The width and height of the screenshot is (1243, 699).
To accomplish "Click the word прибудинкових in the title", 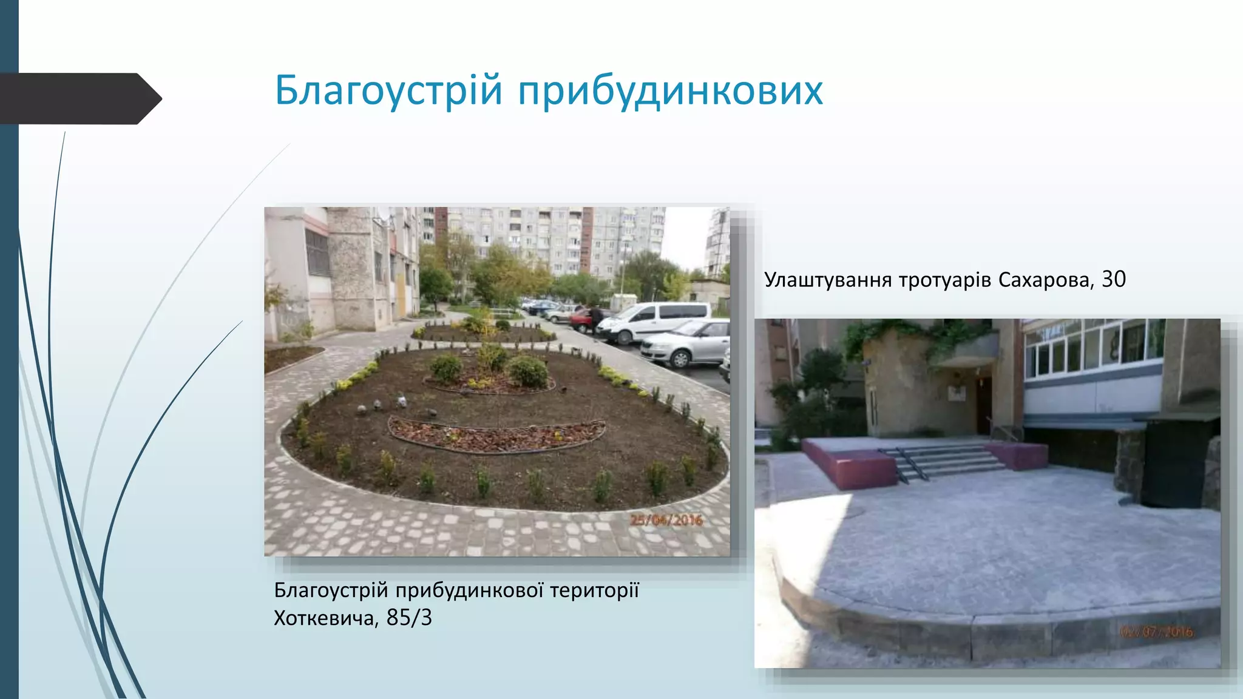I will (670, 91).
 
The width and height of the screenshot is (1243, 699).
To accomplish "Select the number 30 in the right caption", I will (1114, 279).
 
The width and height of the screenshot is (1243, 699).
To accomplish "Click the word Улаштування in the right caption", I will (828, 280).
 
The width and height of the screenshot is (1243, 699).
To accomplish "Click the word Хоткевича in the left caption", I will (326, 618).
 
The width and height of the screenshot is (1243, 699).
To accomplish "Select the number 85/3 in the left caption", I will (409, 618).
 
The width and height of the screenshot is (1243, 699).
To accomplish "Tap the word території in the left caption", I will (594, 590).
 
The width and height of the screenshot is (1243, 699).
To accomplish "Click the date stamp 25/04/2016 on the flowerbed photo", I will (666, 520).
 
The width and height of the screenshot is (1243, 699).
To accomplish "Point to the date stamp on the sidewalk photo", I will (1156, 632).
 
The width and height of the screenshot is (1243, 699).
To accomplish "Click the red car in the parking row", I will (581, 319).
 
